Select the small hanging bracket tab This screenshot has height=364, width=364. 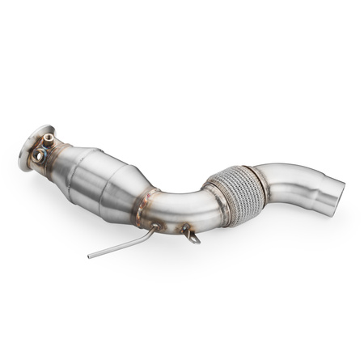[x=189, y=235]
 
